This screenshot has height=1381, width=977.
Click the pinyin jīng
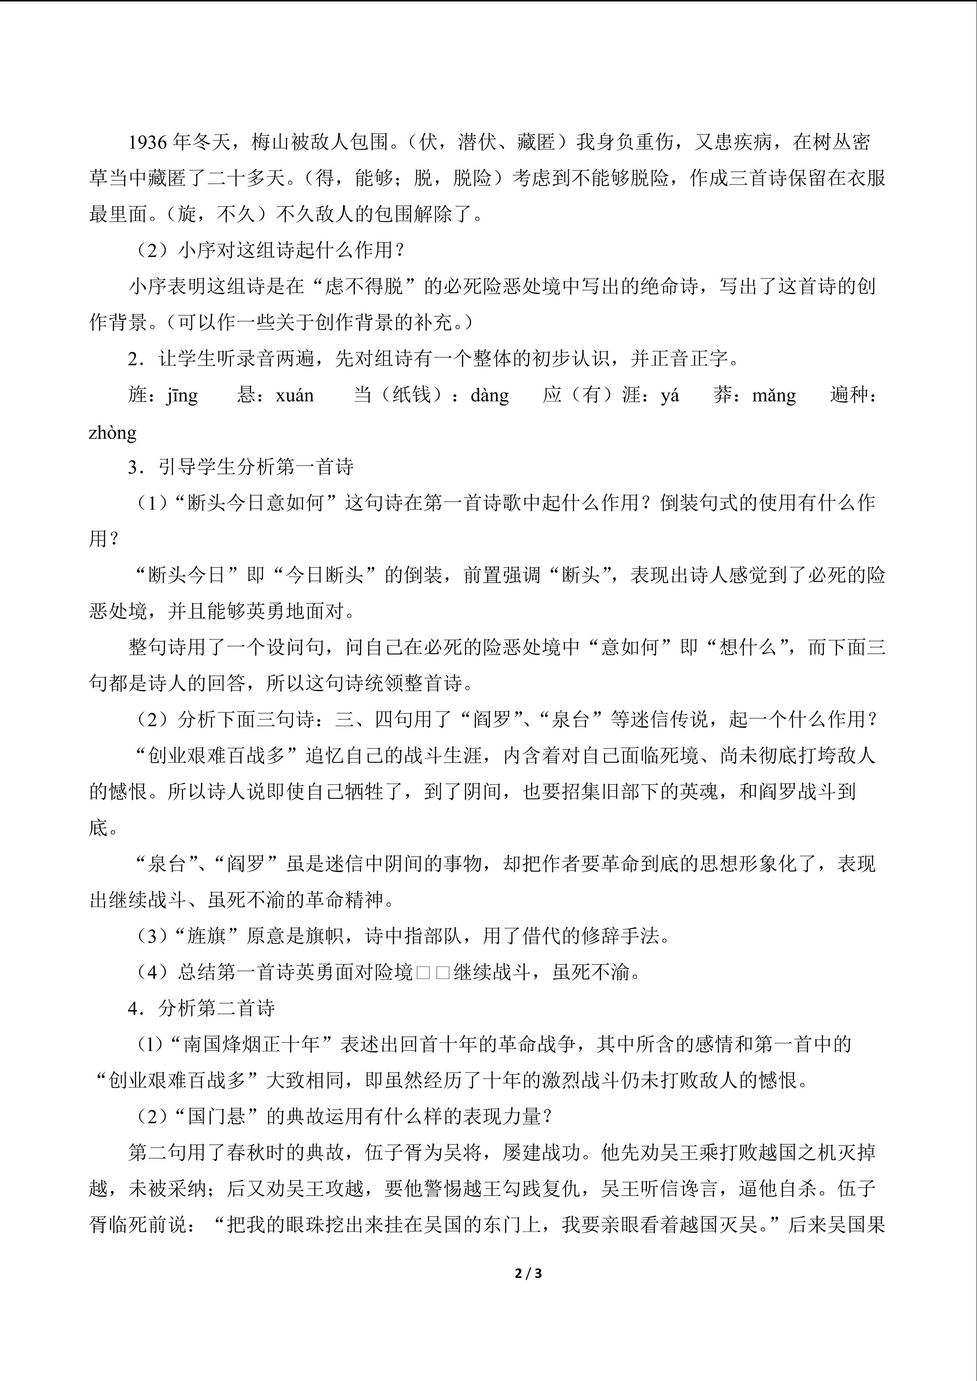tap(182, 396)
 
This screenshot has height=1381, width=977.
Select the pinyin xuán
tap(294, 396)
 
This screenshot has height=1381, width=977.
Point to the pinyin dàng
tap(490, 396)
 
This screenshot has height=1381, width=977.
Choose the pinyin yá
tap(670, 396)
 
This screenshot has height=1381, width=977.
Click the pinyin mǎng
tap(773, 396)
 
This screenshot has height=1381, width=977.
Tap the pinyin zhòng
tap(112, 432)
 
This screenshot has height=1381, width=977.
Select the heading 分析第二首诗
tap(217, 1009)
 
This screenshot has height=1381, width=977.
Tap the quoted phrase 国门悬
tap(217, 1117)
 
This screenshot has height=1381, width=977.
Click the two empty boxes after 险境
tap(432, 972)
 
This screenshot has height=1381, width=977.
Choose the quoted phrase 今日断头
tap(324, 575)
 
